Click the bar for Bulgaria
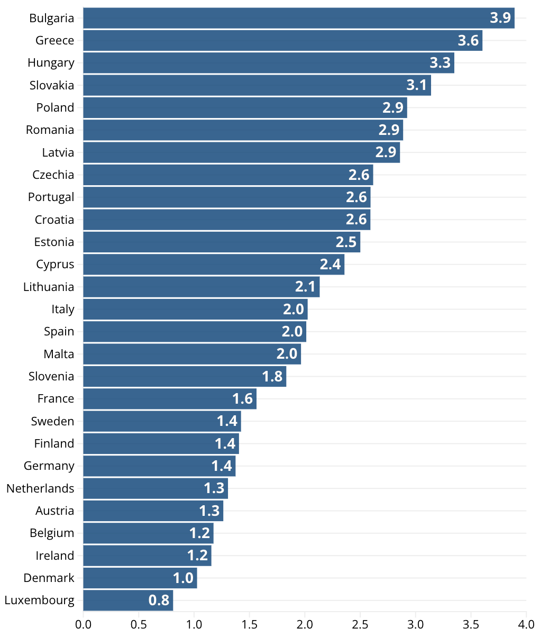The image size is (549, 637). click(x=298, y=18)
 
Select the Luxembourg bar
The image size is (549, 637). click(x=128, y=600)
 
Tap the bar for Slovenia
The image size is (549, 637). click(x=185, y=376)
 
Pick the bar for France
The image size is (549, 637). click(x=170, y=399)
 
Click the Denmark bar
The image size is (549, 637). click(x=140, y=578)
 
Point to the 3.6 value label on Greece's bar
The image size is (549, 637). click(x=468, y=40)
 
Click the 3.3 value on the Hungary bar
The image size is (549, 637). click(x=440, y=63)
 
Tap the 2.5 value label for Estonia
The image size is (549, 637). click(x=346, y=242)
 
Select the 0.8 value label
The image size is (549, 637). click(x=159, y=600)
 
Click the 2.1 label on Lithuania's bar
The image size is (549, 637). click(x=305, y=287)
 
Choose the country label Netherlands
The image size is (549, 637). click(x=40, y=488)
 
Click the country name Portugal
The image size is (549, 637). click(x=51, y=197)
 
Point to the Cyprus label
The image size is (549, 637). click(x=55, y=265)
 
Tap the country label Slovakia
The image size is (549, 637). click(x=52, y=85)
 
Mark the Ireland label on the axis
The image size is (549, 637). click(x=55, y=556)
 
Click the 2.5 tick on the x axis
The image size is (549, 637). click(x=360, y=624)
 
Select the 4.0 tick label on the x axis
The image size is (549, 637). click(x=526, y=624)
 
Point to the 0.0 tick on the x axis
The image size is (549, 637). click(x=83, y=624)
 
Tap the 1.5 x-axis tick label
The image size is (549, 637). click(x=249, y=624)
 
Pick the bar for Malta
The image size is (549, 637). click(x=192, y=354)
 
